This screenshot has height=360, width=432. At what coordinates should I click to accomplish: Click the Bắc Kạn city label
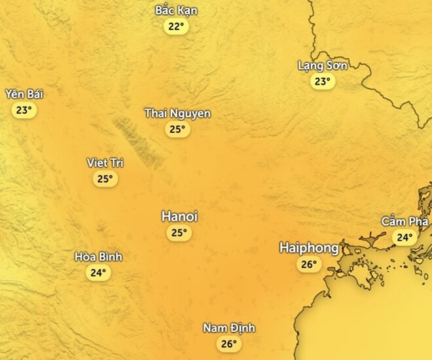tap(176, 11)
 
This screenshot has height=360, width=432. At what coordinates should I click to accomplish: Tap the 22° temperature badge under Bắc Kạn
tap(176, 27)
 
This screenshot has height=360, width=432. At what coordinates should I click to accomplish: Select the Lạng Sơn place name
tap(322, 65)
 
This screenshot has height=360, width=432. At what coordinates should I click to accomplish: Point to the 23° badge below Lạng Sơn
tap(322, 82)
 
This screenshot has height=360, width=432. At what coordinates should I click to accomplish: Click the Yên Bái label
tap(24, 94)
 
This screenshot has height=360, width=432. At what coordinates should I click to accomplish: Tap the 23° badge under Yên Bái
tap(24, 110)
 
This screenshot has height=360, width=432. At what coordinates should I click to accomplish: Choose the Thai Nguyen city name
tap(177, 114)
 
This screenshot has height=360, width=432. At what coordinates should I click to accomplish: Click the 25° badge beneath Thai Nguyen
tap(177, 130)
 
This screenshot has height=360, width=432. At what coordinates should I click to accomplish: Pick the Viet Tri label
tap(105, 162)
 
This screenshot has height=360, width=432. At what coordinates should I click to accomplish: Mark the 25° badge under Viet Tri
tap(105, 179)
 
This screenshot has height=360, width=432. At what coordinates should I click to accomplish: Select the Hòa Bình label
tap(98, 257)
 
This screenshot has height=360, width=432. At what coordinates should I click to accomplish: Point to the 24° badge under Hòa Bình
tap(98, 273)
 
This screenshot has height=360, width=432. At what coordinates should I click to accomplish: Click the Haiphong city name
tap(309, 248)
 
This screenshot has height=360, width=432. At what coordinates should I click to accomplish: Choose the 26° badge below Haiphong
tap(309, 264)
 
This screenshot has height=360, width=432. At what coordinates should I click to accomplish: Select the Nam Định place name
tap(228, 328)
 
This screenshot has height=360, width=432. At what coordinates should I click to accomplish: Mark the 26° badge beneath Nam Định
tap(228, 344)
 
